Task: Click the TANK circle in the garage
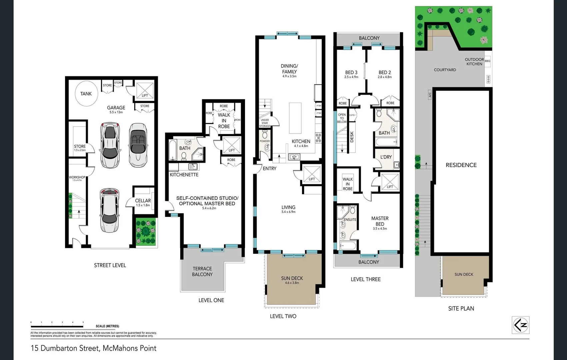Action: tap(86, 94)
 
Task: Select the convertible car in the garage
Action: tap(138, 145)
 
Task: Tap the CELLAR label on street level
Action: tap(143, 200)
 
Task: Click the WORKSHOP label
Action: tap(77, 177)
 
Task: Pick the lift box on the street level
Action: tap(145, 90)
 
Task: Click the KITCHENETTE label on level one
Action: tap(184, 175)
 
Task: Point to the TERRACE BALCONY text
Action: tap(202, 271)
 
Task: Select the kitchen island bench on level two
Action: tap(295, 118)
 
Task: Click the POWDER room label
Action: tap(265, 141)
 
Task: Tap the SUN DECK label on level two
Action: tap(292, 278)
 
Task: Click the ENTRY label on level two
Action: tap(269, 169)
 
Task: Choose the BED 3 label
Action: tap(351, 72)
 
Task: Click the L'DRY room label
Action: tap(386, 157)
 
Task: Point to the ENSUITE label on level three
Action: tap(350, 219)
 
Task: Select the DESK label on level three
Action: tap(352, 137)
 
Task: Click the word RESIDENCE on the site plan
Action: tap(461, 165)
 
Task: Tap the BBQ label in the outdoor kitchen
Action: tap(487, 61)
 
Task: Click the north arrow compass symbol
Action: tap(520, 325)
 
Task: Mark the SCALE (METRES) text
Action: tap(107, 326)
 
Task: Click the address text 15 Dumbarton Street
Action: tap(65, 348)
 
